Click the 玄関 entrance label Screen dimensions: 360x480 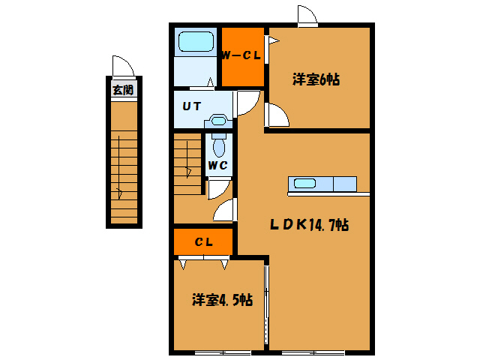click(122, 90)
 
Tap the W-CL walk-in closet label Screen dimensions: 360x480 click(241, 55)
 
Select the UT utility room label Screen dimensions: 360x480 click(191, 106)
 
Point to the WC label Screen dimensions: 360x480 click(217, 165)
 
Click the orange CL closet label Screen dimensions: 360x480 click(203, 241)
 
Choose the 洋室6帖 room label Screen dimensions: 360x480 click(316, 79)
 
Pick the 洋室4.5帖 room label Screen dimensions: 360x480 click(221, 300)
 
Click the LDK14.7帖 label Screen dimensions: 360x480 click(310, 223)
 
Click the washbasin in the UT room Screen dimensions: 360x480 click(218, 120)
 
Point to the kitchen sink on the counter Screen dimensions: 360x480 click(305, 184)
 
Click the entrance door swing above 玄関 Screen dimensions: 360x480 click(122, 66)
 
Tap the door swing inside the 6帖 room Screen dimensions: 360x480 click(277, 115)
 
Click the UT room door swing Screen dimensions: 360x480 click(247, 103)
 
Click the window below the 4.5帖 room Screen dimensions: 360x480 click(223, 351)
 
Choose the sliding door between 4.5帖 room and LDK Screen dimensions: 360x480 click(266, 304)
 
